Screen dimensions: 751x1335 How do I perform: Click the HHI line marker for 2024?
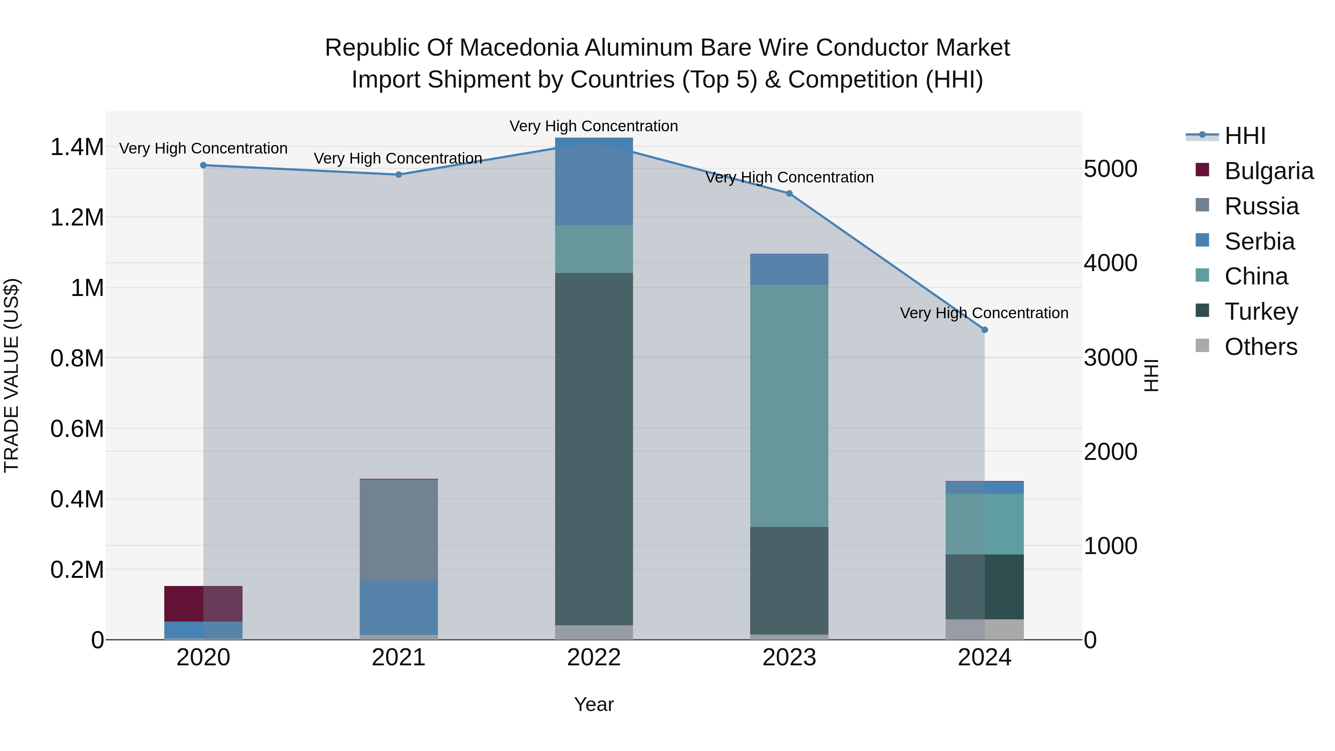coord(985,330)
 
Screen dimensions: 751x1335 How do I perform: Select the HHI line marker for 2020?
coord(203,165)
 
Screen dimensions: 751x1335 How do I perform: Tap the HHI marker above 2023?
coord(789,193)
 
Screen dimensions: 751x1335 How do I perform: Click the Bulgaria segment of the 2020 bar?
coord(203,603)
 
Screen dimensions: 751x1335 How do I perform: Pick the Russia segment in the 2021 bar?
coord(399,528)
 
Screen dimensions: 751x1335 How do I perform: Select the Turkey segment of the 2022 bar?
coord(594,448)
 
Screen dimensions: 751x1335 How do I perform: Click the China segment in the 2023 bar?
coord(789,405)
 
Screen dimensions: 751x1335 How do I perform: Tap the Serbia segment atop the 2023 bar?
coord(789,269)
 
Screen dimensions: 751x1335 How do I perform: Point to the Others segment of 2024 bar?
coord(985,629)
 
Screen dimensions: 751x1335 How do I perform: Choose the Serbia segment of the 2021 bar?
coord(399,606)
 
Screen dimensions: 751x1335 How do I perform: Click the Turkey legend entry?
coord(1261,312)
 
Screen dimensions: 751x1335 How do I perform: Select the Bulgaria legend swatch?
coord(1202,170)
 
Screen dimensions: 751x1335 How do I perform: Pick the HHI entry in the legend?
coord(1245,136)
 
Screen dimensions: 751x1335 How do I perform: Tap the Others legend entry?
coord(1260,347)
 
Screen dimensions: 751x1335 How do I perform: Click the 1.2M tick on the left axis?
coord(77,218)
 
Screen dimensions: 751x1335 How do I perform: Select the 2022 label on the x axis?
coord(594,658)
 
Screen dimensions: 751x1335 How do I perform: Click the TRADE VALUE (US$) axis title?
coord(11,375)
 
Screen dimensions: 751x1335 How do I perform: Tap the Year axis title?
coord(594,704)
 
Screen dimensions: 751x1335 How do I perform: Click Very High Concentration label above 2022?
coord(594,126)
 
